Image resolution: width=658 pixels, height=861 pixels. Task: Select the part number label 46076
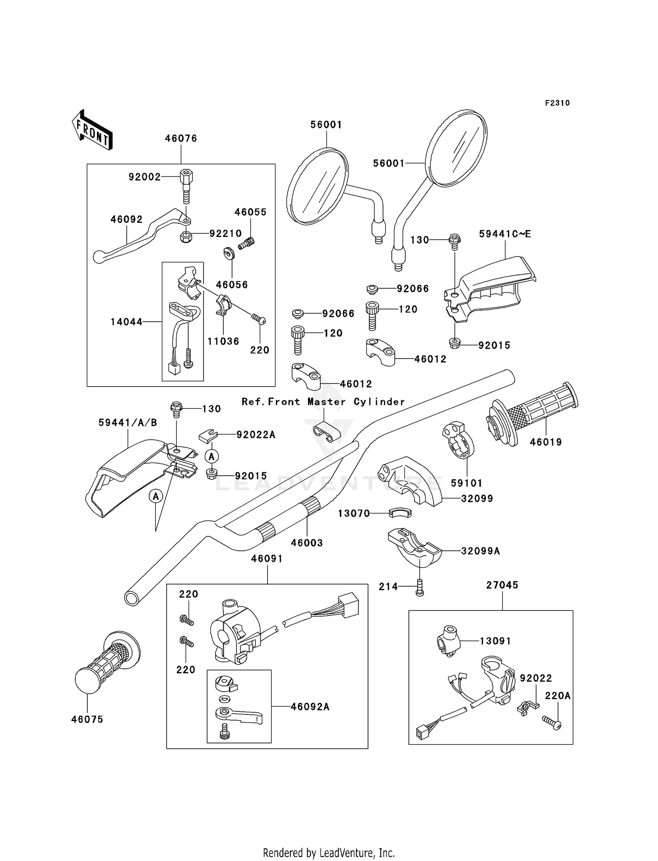click(181, 139)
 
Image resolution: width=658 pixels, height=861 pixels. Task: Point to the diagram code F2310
click(557, 103)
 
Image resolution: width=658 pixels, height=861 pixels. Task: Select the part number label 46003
click(307, 543)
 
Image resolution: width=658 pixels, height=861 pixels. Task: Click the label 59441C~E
click(505, 234)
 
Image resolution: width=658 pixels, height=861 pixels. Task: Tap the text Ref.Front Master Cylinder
click(323, 402)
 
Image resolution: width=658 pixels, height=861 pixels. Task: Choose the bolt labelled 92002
click(186, 186)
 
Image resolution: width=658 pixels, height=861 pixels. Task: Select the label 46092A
click(310, 707)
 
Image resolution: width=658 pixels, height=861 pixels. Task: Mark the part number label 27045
click(502, 585)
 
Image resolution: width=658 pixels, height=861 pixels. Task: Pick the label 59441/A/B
click(128, 423)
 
